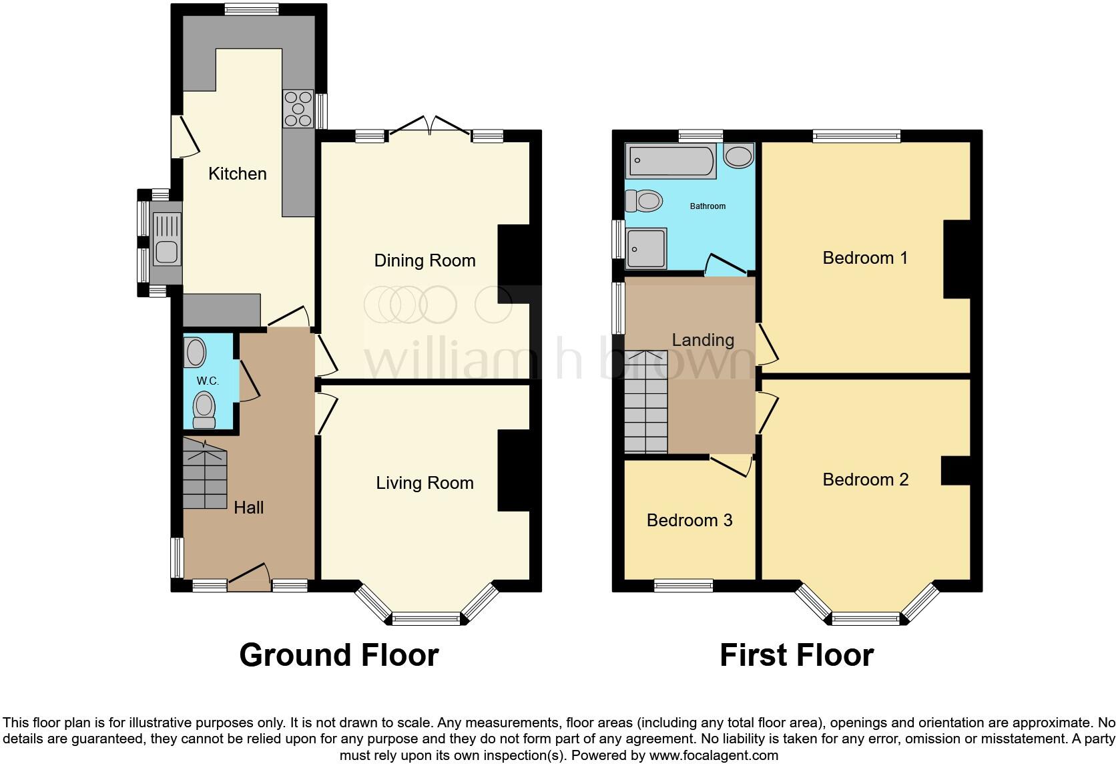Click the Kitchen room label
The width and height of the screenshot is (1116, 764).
click(x=237, y=174)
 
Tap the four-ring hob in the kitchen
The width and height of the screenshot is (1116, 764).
click(x=298, y=108)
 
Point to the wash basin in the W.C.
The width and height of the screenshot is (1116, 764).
click(x=195, y=353)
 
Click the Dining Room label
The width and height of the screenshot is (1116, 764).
click(x=425, y=260)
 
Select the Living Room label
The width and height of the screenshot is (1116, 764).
click(x=425, y=483)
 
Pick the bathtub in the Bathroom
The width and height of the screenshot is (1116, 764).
click(x=671, y=162)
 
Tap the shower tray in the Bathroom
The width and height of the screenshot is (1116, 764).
click(x=645, y=248)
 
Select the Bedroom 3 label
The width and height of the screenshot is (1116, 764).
click(x=689, y=520)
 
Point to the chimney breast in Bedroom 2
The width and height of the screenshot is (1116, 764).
click(x=955, y=470)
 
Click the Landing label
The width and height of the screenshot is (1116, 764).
click(x=702, y=340)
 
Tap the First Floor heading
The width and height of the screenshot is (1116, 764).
click(x=796, y=655)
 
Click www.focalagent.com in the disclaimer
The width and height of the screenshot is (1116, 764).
click(x=713, y=755)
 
